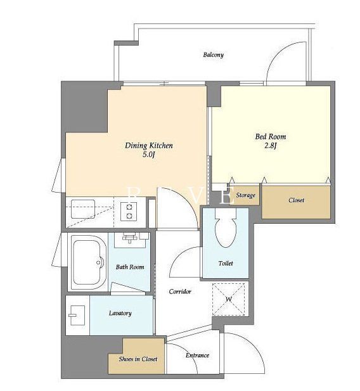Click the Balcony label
click(213, 55)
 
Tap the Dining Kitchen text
click(149, 146)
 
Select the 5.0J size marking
click(149, 155)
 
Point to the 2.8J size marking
click(271, 146)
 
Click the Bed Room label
click(271, 137)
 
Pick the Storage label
click(245, 195)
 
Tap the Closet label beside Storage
click(296, 200)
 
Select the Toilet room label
click(226, 264)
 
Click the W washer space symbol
click(228, 299)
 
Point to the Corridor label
click(180, 292)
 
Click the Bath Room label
click(130, 267)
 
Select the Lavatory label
click(120, 313)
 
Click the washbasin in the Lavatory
click(77, 316)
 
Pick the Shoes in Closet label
click(138, 359)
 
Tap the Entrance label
click(197, 356)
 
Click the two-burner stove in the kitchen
click(129, 212)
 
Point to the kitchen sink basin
click(83, 209)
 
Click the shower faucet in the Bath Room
click(129, 238)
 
